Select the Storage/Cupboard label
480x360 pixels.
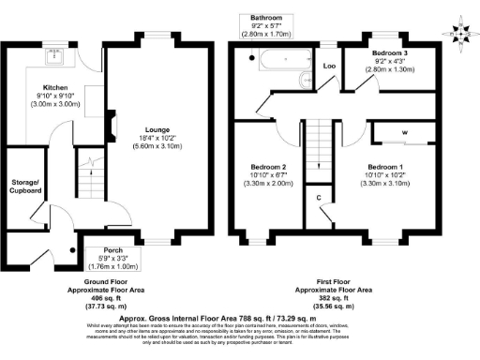tap(24, 186)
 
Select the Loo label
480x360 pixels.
tap(330, 67)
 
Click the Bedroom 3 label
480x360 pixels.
tap(386, 53)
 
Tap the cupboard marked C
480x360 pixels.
tap(319, 198)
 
